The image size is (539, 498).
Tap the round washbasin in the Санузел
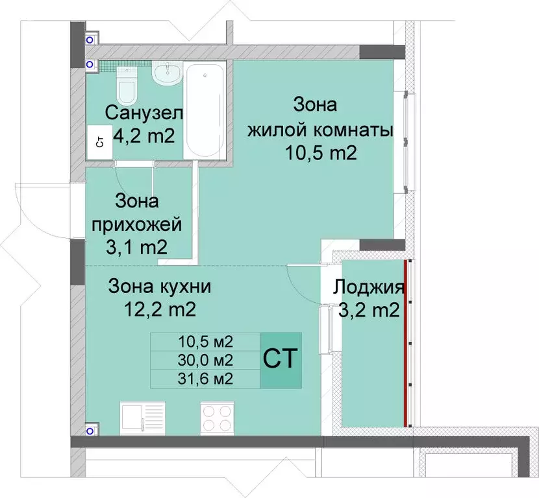click(168, 75)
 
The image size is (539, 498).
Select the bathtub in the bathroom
click(204, 110)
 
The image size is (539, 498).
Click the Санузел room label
click(144, 113)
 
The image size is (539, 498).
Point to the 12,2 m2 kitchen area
click(160, 310)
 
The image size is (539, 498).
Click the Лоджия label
click(369, 287)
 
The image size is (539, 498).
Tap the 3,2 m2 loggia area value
click(369, 311)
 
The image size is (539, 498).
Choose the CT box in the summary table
click(281, 360)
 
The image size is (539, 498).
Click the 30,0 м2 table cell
click(205, 360)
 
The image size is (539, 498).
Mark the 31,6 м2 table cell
click(205, 379)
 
